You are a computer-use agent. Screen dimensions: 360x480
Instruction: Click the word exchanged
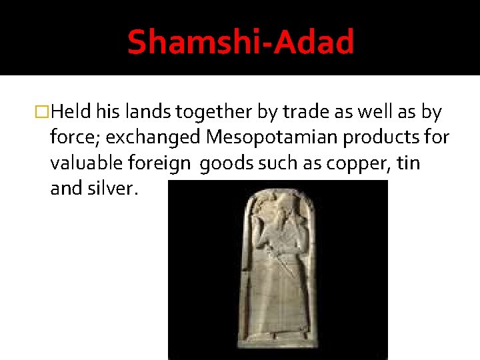[153, 139]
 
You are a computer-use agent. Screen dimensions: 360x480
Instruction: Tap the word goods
[223, 164]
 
